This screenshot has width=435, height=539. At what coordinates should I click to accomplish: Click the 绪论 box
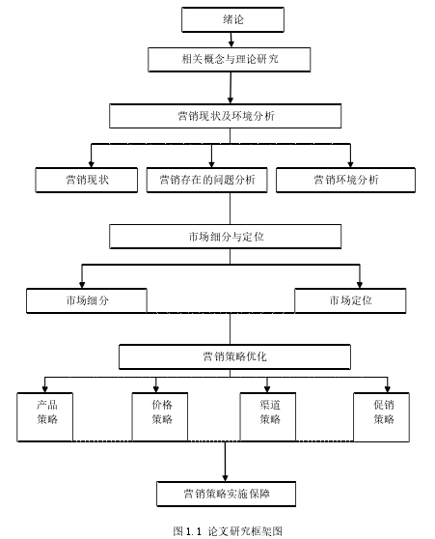[x=232, y=19]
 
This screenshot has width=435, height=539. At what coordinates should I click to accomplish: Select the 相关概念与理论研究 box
[x=230, y=60]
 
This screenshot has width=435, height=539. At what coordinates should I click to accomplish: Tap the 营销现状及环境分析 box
[x=226, y=116]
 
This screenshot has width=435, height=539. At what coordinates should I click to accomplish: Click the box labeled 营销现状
[x=87, y=180]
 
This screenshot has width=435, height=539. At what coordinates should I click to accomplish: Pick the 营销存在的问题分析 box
[x=207, y=180]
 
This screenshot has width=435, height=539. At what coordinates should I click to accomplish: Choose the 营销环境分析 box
[x=345, y=180]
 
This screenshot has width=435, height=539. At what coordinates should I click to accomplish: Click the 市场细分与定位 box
[x=226, y=237]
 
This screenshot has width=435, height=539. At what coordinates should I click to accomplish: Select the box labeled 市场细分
[x=87, y=300]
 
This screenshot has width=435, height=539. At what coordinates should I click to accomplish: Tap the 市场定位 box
[x=350, y=300]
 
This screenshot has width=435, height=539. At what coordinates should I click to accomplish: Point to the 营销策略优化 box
[x=234, y=356]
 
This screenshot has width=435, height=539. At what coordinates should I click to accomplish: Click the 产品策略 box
[x=45, y=417]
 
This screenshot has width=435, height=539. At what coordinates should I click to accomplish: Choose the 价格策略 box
[x=160, y=417]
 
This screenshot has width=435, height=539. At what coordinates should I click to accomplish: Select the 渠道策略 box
[x=268, y=417]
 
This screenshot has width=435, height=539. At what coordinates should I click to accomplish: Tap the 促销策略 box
[x=381, y=417]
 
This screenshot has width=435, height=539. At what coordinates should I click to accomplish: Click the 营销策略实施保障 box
[x=227, y=494]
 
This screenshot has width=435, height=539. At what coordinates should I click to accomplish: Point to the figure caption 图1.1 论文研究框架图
[x=228, y=531]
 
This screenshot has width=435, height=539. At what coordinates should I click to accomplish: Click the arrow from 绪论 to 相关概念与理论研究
[x=231, y=40]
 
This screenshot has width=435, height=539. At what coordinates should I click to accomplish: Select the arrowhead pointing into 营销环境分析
[x=350, y=164]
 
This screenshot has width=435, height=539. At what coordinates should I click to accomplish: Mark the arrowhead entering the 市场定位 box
[x=360, y=285]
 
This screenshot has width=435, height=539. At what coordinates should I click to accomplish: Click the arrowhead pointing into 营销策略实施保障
[x=226, y=478]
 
